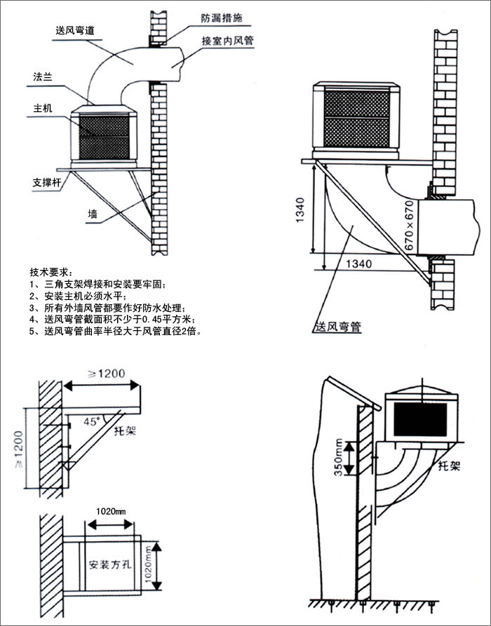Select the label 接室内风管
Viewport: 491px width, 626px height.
point(227,41)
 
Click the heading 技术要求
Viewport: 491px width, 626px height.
point(51,272)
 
